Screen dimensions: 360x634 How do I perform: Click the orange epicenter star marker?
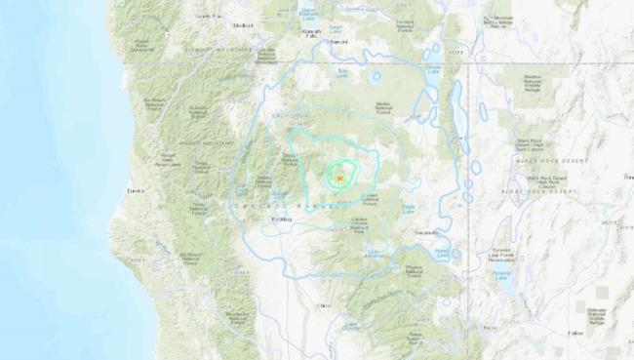pos(339,178)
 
